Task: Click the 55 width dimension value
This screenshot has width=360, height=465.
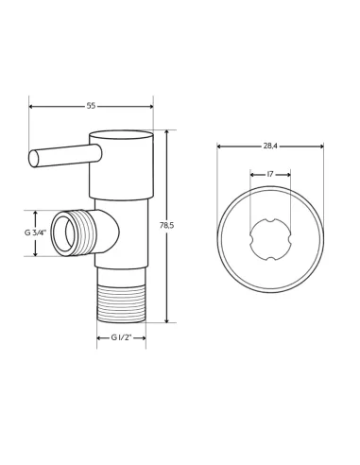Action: [91, 106]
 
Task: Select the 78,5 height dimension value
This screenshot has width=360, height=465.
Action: [166, 226]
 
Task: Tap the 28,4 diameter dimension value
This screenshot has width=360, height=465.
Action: [270, 146]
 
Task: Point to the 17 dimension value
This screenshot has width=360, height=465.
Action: [270, 174]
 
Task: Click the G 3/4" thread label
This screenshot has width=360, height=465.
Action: [35, 232]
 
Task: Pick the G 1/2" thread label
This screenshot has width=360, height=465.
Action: [121, 337]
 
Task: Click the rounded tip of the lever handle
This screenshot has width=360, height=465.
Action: [34, 159]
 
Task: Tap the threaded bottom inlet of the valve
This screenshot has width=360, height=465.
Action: [121, 304]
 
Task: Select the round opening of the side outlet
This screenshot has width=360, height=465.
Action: [63, 233]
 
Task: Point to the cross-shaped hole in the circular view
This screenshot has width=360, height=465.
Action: [270, 239]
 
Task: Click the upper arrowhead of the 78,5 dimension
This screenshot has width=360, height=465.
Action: [166, 133]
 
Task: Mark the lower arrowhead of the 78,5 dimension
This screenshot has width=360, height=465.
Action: [166, 320]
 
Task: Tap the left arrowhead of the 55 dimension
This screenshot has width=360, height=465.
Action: [31, 106]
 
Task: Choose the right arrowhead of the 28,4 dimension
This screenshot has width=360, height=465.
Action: [321, 146]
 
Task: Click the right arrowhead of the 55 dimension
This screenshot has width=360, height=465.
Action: [150, 106]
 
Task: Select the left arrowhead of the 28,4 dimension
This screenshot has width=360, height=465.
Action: [219, 146]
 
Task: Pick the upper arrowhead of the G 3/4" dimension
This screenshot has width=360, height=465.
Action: [35, 214]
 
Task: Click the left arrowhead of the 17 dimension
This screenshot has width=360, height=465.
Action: [252, 174]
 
